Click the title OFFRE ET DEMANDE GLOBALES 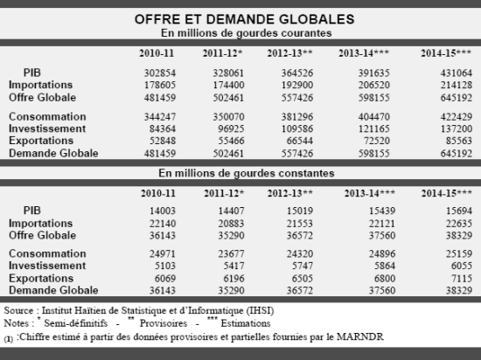pos(245,19)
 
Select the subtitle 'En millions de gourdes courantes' pos(247,33)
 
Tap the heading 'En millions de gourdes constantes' pos(247,173)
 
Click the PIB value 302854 pos(160,73)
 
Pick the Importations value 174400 pos(228,85)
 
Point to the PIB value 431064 pos(457,73)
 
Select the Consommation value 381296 pos(297,117)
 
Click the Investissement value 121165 pos(374,128)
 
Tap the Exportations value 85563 pos(458,141)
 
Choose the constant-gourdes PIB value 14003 pos(163,211)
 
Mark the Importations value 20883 pos(231,224)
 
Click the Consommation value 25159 pos(458,253)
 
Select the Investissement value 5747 pos(303,266)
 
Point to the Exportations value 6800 pos(385,279)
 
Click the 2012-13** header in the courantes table pos(289,53)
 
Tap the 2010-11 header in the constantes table pos(158,193)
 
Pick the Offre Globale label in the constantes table pos(42,235)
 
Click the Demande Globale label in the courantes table pos(53,153)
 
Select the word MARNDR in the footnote pos(359,336)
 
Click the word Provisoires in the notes pos(164,323)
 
